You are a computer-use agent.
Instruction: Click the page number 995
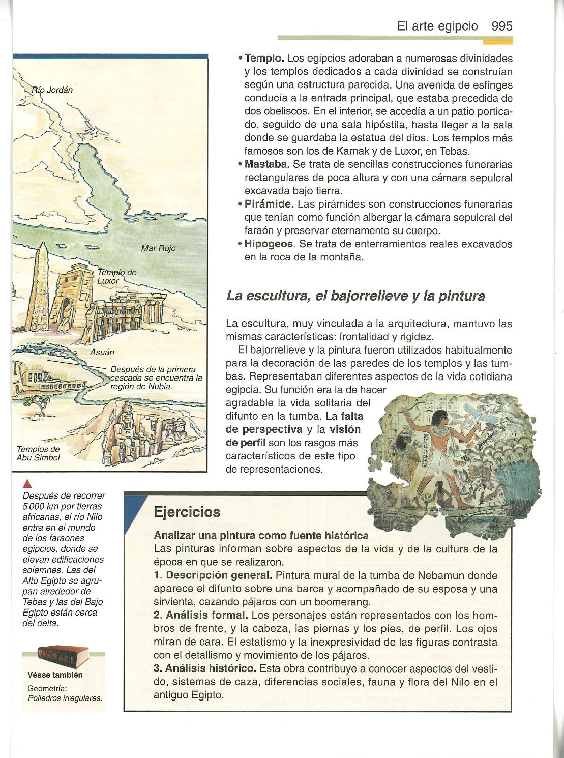point(502,26)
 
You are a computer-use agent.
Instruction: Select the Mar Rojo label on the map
point(158,248)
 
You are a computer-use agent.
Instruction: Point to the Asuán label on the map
point(102,352)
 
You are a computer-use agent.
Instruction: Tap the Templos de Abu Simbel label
point(38,453)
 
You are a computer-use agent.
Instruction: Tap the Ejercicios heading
point(187,512)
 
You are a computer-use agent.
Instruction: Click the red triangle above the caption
point(26,484)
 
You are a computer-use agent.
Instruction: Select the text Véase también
point(55,675)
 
